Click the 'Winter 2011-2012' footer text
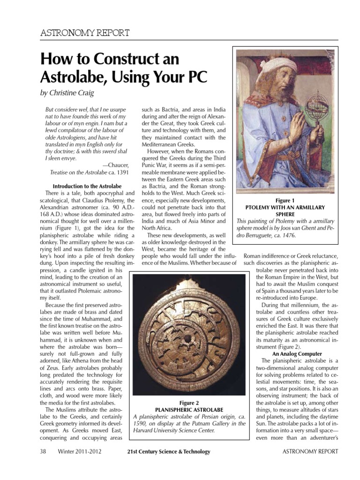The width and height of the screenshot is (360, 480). [x=80, y=452]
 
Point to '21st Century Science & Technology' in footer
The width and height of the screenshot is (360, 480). [x=169, y=452]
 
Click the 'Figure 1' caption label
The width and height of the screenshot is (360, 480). [x=285, y=200]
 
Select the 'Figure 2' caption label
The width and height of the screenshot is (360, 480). [x=189, y=403]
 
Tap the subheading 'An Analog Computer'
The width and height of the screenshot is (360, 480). [x=298, y=354]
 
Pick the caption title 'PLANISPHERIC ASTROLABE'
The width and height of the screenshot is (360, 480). [x=189, y=410]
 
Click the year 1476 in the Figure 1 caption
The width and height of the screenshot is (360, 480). [x=288, y=235]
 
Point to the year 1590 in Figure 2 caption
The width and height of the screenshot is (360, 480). [x=142, y=424]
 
